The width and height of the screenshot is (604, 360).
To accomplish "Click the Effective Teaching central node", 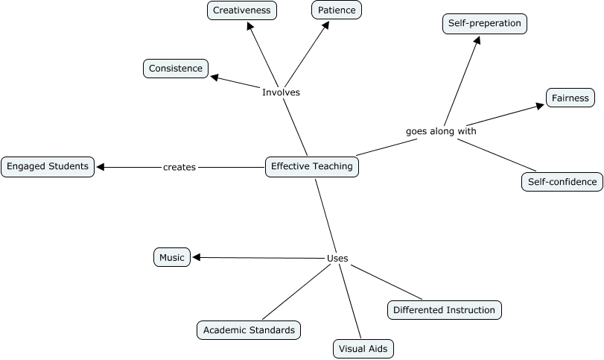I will (312, 167).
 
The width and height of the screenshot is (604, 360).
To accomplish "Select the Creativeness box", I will (241, 10).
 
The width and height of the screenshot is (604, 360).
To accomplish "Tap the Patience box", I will (336, 10).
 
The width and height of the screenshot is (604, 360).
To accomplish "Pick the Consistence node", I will (176, 69).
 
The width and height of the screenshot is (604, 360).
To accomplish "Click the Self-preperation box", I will (485, 24).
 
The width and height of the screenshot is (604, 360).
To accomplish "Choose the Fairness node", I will (570, 98).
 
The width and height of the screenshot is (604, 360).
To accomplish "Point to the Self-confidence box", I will (562, 182).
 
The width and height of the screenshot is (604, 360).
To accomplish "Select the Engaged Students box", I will (48, 166).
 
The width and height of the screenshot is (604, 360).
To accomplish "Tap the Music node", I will (171, 258).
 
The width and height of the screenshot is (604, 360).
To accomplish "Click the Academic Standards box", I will (249, 329).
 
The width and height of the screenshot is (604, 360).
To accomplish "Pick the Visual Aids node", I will (362, 348).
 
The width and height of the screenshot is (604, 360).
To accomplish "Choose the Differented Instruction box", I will (444, 310).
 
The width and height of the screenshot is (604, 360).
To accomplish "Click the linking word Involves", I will (281, 92).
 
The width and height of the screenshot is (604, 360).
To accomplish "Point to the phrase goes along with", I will (441, 131).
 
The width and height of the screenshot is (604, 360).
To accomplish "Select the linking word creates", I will (179, 168).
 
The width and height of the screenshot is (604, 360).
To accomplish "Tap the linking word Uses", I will (337, 259).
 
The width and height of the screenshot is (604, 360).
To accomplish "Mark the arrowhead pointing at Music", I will (197, 258).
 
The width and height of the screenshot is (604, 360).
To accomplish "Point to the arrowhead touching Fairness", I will (540, 106).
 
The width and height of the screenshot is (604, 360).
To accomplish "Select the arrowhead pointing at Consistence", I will (214, 76).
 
